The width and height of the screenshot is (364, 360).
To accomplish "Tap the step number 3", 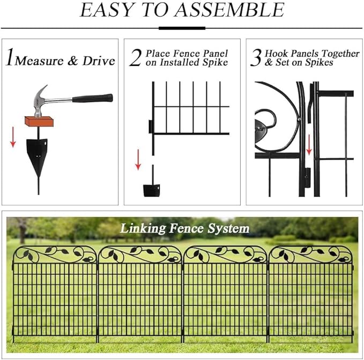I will click(x=256, y=58).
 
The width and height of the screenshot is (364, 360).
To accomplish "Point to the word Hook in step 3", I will click(x=277, y=54).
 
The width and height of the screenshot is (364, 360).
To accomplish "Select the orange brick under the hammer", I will click(x=39, y=122).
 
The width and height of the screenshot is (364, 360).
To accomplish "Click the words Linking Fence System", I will click(x=184, y=229).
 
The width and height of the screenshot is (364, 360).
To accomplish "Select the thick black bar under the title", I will click(x=182, y=27).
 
